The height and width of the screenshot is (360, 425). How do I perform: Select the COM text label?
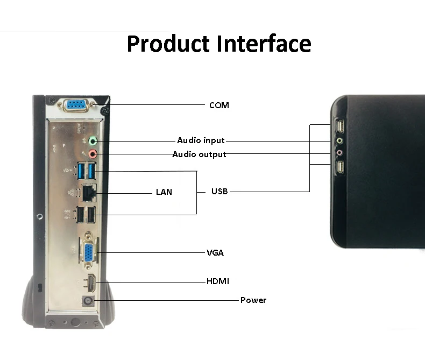[219, 105]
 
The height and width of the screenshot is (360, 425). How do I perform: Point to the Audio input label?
[201, 140]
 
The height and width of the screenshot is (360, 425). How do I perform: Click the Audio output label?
[199, 154]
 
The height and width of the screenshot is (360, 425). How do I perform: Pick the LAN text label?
[164, 192]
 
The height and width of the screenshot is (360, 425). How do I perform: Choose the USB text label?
[219, 191]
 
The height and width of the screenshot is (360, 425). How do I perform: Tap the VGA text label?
[215, 252]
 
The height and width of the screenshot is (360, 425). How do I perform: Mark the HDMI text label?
[218, 281]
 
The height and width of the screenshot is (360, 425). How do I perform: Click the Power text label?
[253, 300]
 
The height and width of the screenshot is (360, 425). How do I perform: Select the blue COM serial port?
[79, 105]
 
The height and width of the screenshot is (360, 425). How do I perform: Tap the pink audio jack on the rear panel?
[93, 154]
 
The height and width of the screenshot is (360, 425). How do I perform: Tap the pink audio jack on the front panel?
[339, 154]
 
